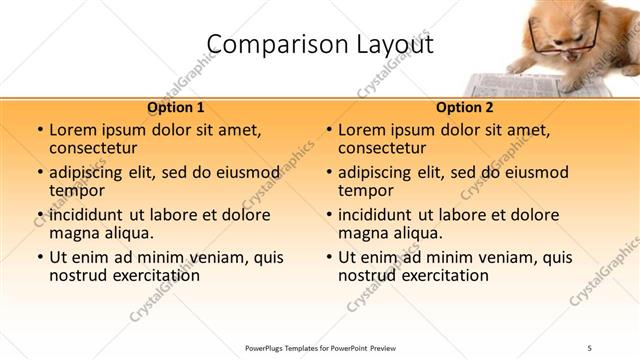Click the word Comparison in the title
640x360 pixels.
click(x=265, y=45)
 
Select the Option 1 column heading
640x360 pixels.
click(x=175, y=108)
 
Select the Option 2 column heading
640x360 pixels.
click(x=465, y=108)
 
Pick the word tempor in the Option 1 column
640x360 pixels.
click(x=76, y=191)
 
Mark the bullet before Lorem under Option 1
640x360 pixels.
click(x=39, y=130)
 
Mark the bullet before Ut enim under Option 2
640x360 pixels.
click(x=328, y=257)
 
